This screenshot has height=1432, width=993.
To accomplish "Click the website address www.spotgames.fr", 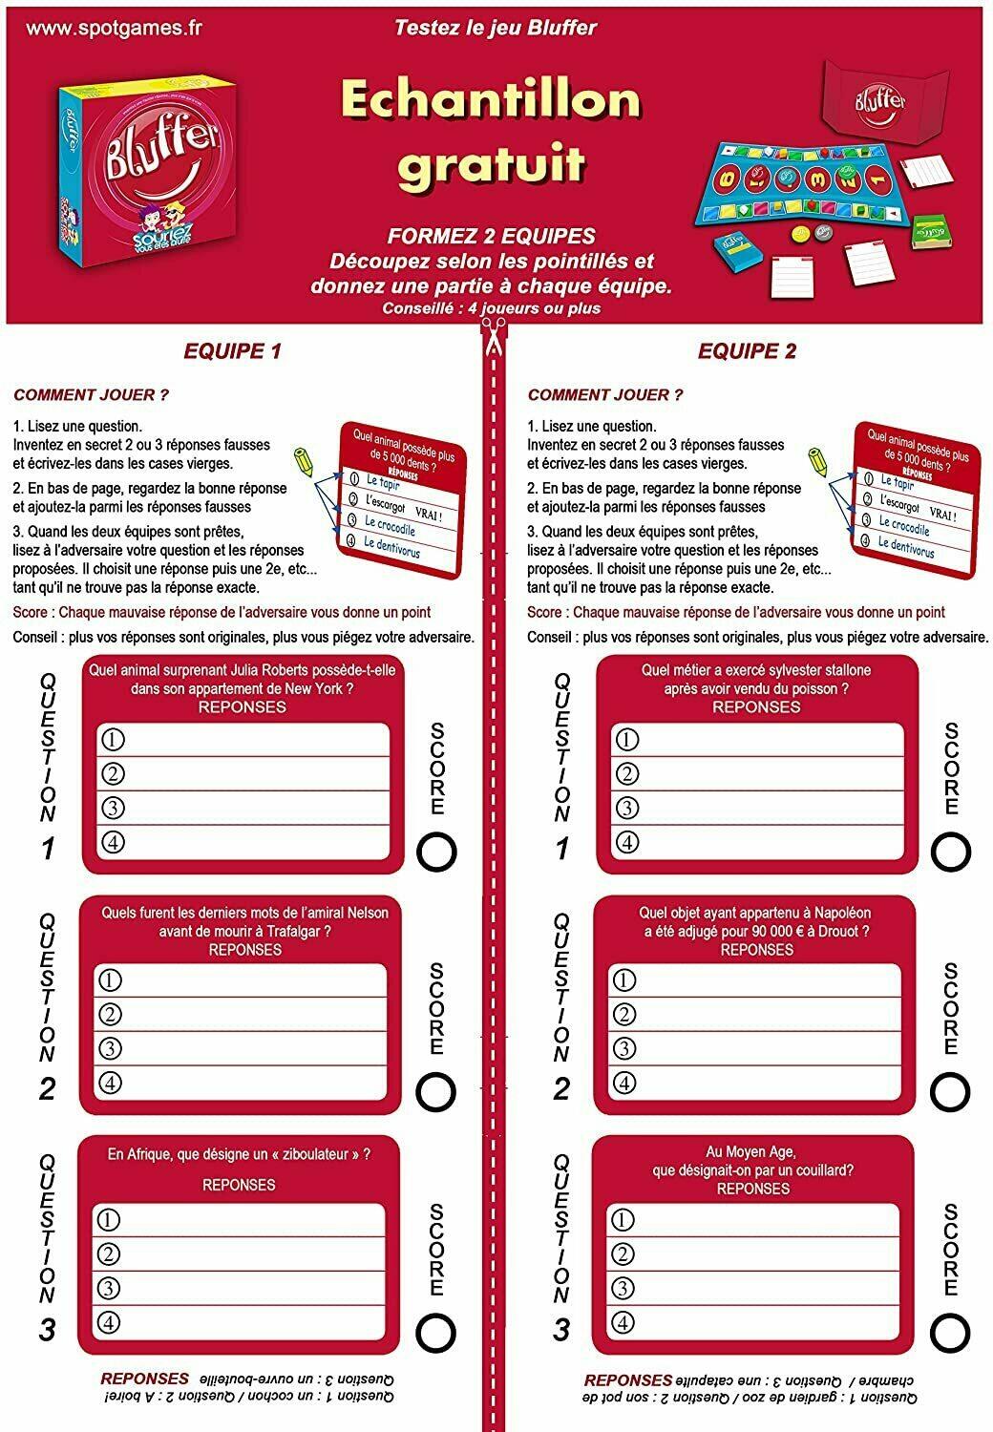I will pos(114,28).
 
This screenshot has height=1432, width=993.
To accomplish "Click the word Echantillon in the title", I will pos(490,100).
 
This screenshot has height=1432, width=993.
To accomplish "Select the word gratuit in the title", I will pos(491,162).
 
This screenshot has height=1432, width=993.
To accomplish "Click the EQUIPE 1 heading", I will pos(232,351).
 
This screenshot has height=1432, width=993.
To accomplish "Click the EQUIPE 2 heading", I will pos(747,351).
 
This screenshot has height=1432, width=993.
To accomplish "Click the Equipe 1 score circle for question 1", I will pos(436,851).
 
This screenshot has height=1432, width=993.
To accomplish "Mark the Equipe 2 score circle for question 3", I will pos(950,1331).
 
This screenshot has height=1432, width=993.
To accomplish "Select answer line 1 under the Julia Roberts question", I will pos(243,740).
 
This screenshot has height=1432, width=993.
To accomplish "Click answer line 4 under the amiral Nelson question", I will pos(241,1083).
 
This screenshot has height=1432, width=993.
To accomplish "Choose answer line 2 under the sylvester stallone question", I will pos(757,774).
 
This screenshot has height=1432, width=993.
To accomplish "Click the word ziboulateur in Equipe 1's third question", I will pos(307,1154).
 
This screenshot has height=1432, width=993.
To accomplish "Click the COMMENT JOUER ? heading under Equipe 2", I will pos(605,395).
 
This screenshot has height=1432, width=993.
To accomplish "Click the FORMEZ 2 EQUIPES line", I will pos(491,236).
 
